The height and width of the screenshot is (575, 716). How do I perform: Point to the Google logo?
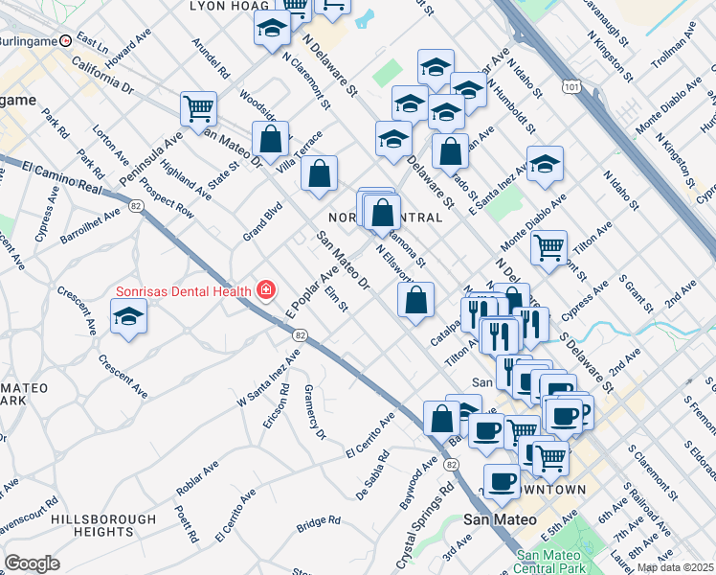tap(32, 563)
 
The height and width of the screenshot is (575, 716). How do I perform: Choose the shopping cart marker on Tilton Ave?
tap(548, 247)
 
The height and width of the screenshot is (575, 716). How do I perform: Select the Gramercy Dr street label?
tap(316, 412)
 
